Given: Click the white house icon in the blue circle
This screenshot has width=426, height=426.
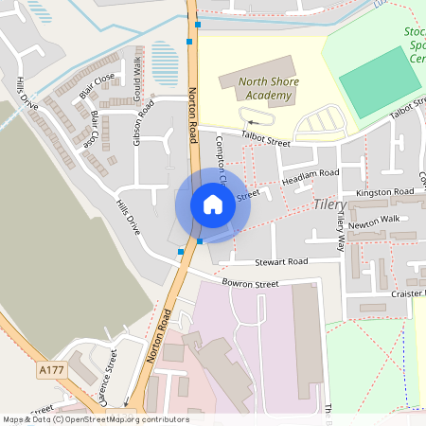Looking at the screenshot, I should [x=213, y=204].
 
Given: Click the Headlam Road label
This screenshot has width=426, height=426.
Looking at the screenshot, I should [x=310, y=174].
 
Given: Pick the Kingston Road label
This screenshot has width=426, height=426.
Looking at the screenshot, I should [x=385, y=193].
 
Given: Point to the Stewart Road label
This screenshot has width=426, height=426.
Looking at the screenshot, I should [x=281, y=261].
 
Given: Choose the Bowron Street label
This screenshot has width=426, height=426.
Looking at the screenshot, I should [x=250, y=283].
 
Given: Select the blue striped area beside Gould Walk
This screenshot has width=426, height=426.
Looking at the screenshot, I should [x=165, y=64].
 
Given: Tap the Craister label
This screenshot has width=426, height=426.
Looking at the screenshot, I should [x=407, y=295].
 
